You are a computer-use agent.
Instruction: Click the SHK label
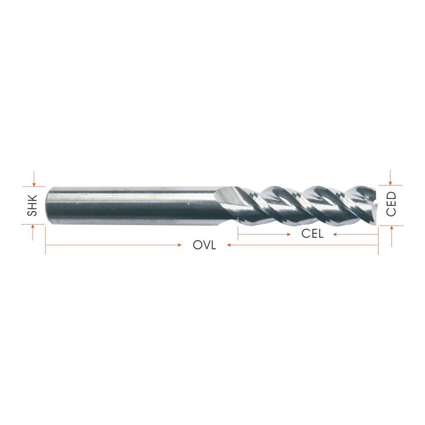tap(32, 205)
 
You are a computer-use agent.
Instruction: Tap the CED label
tap(391, 204)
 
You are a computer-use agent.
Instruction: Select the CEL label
tap(312, 234)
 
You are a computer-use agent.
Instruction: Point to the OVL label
tap(204, 245)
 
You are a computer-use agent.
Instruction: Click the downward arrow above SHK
tap(34, 179)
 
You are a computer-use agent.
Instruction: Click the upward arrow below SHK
tap(33, 232)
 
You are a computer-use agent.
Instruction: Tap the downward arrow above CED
tap(390, 178)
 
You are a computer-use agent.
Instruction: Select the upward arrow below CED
tap(392, 236)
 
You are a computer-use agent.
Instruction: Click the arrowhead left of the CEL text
tap(289, 235)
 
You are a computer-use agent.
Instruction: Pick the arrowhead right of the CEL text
tap(335, 235)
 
